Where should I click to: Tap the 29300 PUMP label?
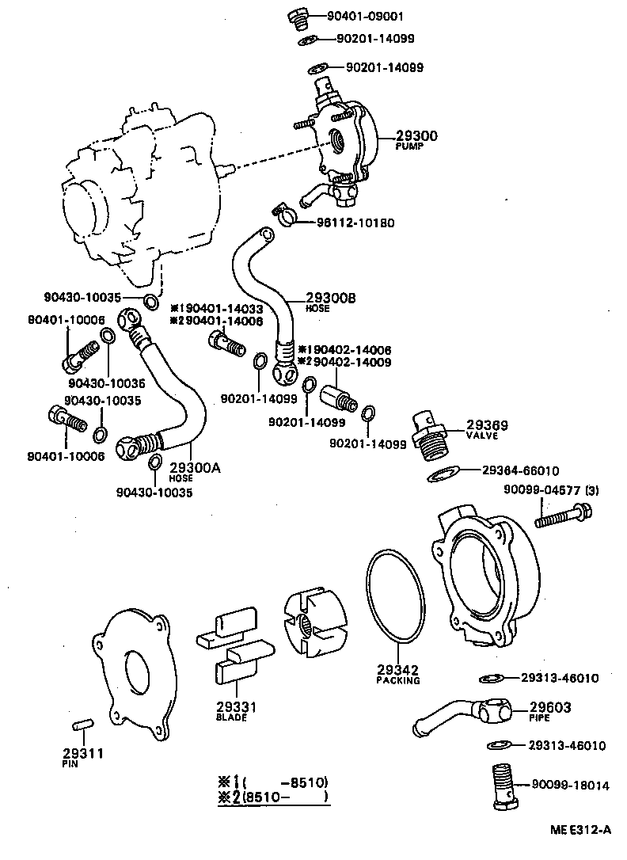[x=416, y=140]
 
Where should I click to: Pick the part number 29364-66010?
[x=520, y=470]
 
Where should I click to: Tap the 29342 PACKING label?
[x=397, y=673]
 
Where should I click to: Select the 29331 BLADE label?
[x=231, y=710]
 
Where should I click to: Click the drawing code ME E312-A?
[x=581, y=830]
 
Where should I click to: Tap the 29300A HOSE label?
[x=193, y=471]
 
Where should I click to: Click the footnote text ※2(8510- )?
[x=272, y=797]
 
